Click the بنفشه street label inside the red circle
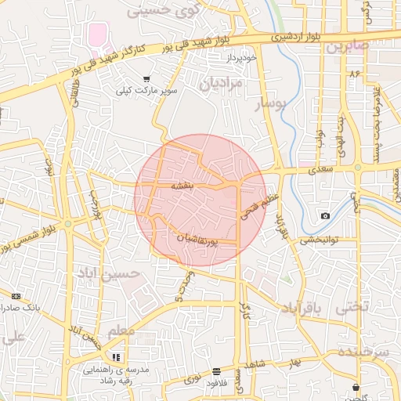point(188,186)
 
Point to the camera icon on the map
point(325,215)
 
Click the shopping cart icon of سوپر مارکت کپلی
point(146,78)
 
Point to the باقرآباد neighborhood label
point(298,310)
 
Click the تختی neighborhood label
point(351,309)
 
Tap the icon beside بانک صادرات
point(16,296)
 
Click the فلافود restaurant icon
point(216,370)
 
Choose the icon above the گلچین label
point(356,386)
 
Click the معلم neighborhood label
point(121,332)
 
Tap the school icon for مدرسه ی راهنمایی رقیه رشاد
point(115,357)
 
